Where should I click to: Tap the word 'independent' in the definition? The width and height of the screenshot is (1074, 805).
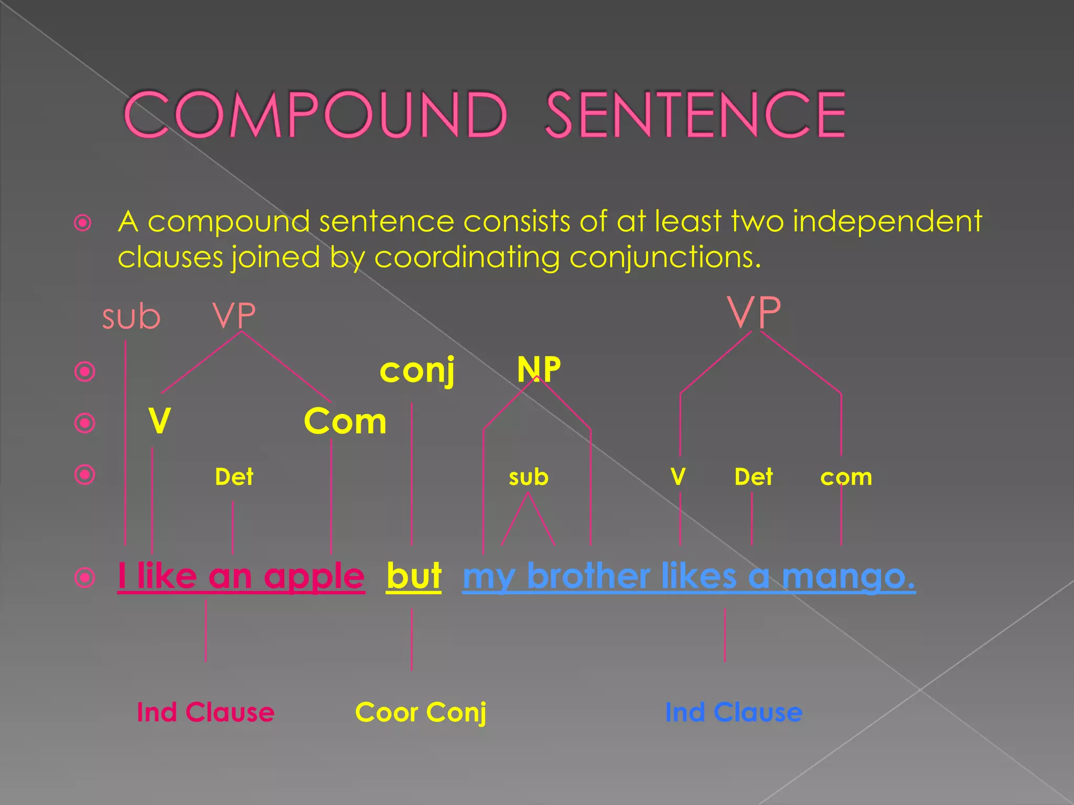(x=887, y=221)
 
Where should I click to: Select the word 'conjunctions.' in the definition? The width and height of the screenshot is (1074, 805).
(x=665, y=257)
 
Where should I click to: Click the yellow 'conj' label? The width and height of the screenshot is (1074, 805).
(x=417, y=370)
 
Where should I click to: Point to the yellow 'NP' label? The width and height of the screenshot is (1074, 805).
(x=539, y=369)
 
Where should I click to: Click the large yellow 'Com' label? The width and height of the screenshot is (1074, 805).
(x=345, y=421)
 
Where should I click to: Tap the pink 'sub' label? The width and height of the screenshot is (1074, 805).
(x=131, y=317)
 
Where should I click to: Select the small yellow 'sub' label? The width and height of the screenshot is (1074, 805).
(x=528, y=477)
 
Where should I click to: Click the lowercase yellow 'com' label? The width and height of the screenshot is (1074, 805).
(x=846, y=477)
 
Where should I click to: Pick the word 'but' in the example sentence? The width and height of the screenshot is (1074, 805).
(x=414, y=576)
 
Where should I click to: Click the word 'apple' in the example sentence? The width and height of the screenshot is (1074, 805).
(x=314, y=576)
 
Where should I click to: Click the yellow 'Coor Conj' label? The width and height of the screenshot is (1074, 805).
(x=421, y=712)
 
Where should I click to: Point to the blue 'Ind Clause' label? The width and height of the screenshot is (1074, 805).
(x=733, y=712)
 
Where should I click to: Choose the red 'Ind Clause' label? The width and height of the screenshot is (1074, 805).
(x=205, y=712)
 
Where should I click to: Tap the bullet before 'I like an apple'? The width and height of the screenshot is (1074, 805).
(x=85, y=578)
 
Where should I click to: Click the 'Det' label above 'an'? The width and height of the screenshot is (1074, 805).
(x=234, y=477)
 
